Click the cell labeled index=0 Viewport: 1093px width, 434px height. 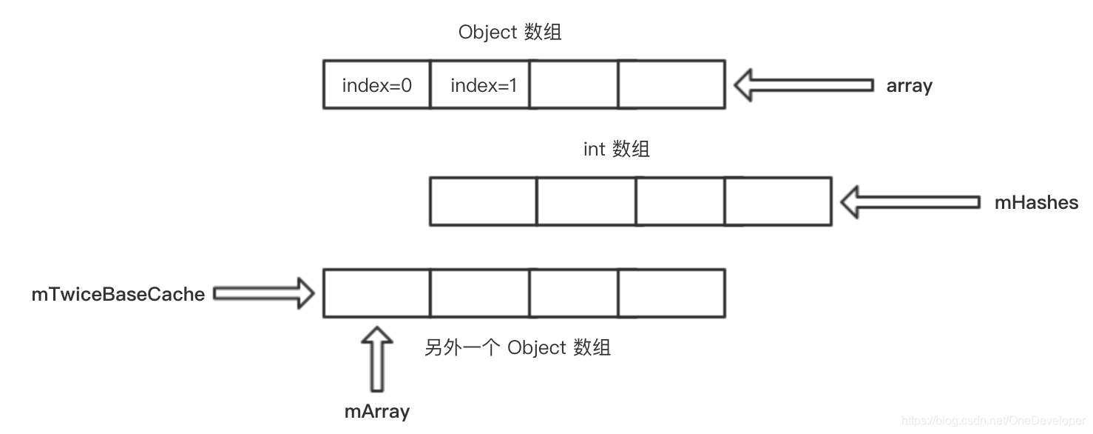376,85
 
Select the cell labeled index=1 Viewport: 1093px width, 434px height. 480,85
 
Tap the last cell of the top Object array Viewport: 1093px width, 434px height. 671,85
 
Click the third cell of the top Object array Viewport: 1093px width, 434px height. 573,85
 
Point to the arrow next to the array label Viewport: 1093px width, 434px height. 803,85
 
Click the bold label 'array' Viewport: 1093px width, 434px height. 909,86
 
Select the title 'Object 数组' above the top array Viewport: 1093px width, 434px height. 510,33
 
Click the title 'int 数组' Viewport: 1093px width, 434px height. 616,149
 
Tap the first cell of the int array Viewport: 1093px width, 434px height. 483,201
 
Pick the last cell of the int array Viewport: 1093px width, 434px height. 778,201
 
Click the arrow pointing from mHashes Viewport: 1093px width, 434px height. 910,202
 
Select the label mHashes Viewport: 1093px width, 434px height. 1036,202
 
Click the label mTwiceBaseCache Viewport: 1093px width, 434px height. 118,294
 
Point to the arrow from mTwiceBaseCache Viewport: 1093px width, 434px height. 264,294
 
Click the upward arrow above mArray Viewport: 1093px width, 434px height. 377,358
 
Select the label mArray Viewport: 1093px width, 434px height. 377,411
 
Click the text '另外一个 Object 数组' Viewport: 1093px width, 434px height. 517,347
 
